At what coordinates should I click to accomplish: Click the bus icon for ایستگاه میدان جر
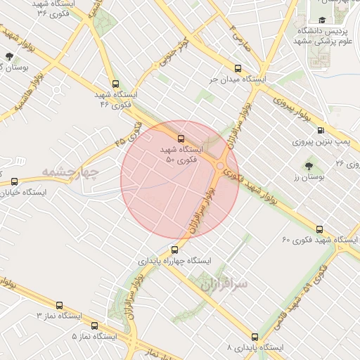238,69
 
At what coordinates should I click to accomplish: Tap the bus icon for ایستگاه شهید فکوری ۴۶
115,82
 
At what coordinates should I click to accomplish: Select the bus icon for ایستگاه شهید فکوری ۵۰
181,138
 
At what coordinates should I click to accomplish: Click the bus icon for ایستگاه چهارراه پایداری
175,250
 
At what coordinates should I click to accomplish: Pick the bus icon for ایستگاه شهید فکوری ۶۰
320,229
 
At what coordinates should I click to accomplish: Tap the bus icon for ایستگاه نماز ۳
59,305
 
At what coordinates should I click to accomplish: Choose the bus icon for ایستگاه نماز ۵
94,326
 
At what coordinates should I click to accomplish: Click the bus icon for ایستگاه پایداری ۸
255,337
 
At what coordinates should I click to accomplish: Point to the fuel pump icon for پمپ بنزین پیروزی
321,130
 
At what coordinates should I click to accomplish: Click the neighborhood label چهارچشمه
72,171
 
